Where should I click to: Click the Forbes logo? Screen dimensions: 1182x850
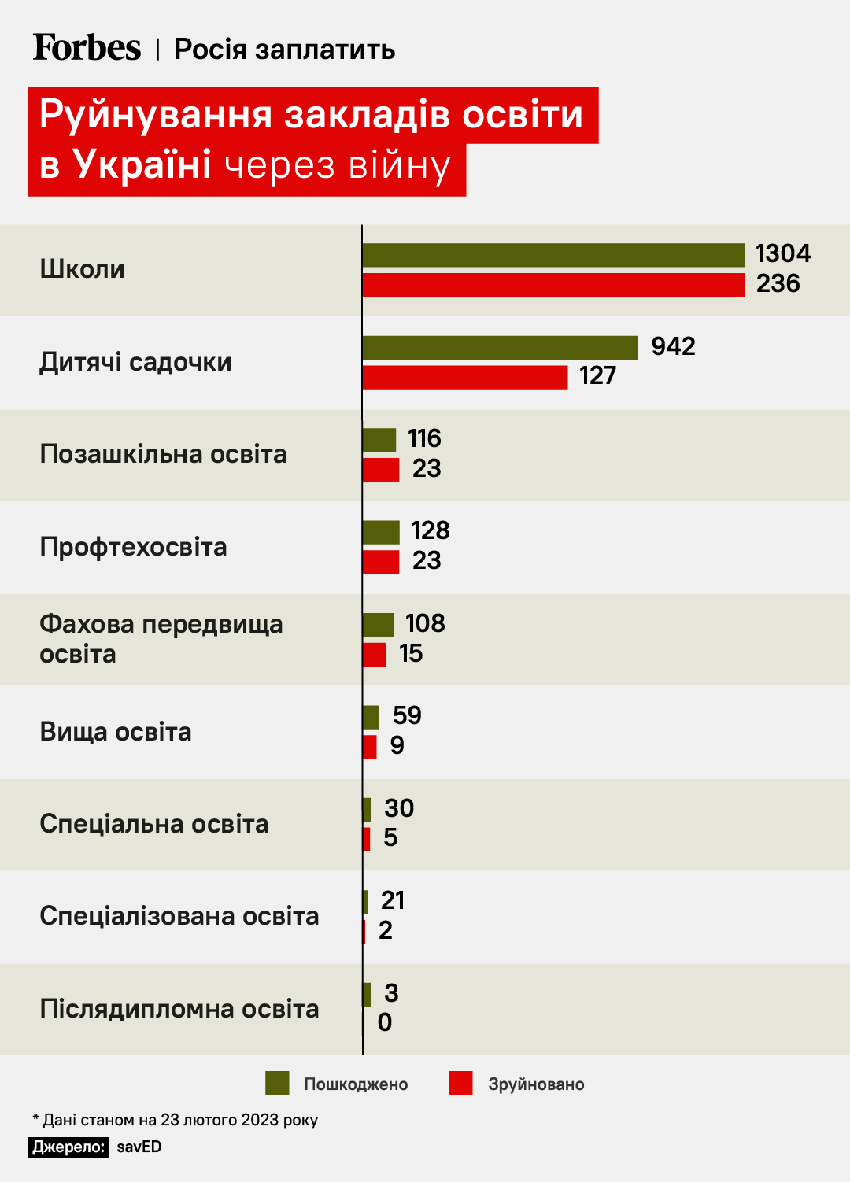(87, 48)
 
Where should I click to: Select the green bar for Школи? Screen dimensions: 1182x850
(552, 255)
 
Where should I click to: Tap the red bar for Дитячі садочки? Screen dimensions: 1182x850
(464, 377)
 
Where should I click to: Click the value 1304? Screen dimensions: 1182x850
(782, 253)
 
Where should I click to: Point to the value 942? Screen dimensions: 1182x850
(673, 346)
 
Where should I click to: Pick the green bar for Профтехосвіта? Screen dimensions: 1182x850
(381, 532)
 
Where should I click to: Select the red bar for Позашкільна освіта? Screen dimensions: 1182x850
(381, 470)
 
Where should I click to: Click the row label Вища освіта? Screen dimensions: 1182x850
(116, 732)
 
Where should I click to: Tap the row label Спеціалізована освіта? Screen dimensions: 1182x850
(179, 916)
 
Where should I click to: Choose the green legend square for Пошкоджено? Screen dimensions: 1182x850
(277, 1083)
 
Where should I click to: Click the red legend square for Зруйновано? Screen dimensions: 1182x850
(460, 1083)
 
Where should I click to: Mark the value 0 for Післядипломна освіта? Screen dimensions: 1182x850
(385, 1022)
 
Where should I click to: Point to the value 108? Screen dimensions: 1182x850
(425, 623)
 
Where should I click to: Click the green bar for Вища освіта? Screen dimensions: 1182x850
(371, 717)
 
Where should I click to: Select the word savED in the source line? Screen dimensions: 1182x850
(139, 1147)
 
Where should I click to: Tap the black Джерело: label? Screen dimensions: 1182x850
(68, 1147)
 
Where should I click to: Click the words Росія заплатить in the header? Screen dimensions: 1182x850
(284, 49)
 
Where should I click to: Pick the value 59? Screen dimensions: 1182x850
(407, 715)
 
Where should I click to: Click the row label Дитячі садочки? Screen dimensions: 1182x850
(135, 362)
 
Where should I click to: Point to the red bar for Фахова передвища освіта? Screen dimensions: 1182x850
(375, 655)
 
